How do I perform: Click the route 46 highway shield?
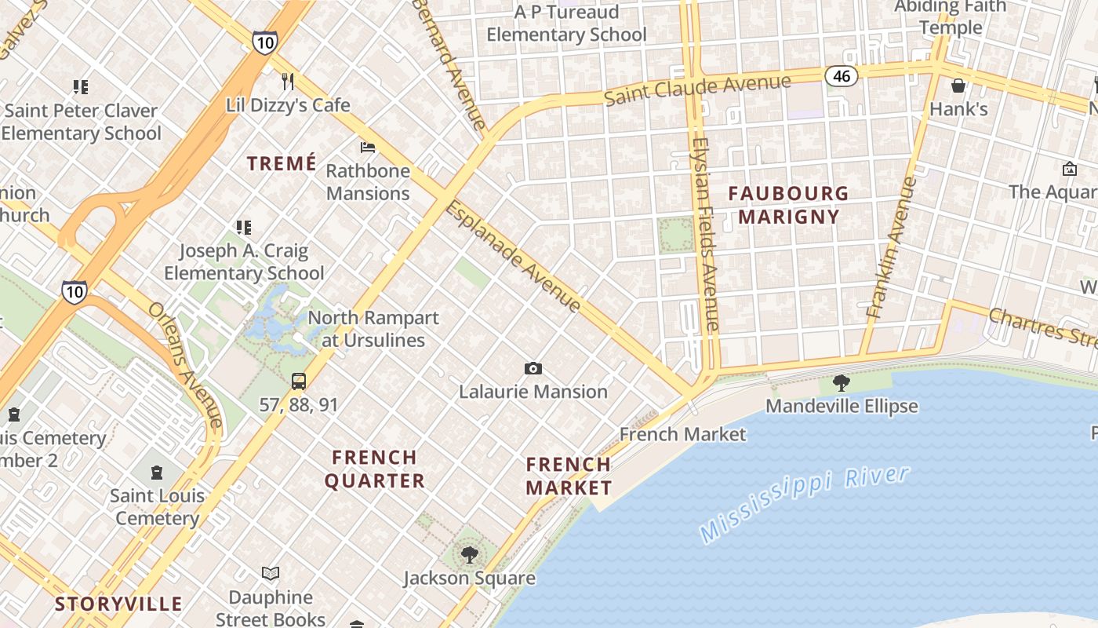point(842,76)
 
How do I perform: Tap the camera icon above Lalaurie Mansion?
point(533,368)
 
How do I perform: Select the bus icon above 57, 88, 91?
point(299,382)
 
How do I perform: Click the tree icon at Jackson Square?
point(469,555)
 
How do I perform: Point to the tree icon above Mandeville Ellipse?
point(842,383)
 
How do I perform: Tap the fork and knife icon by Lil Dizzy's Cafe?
point(288,81)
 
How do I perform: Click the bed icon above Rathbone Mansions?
point(367,147)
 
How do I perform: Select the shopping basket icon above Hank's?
point(958,86)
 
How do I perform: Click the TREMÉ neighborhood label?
point(282,163)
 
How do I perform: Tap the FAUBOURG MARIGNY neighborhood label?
point(788,205)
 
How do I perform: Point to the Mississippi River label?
point(805,503)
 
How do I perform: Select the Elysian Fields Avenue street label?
point(706,234)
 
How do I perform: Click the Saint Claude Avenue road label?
point(697,89)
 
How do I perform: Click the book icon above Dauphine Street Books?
point(271,574)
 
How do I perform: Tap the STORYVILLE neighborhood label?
point(118,604)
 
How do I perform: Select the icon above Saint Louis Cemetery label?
point(157,473)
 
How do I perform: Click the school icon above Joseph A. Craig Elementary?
point(244,228)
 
